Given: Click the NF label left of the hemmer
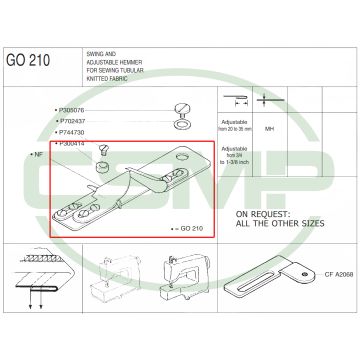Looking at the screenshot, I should click(36, 156).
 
